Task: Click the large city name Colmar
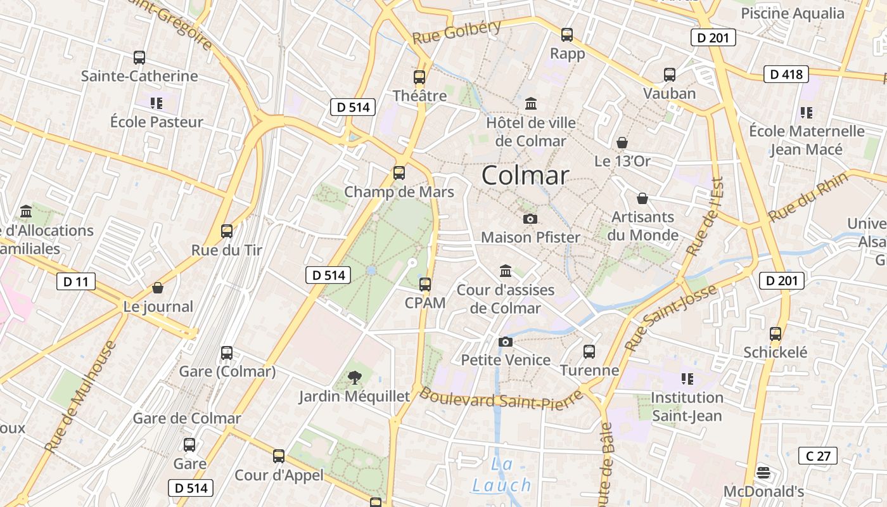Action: point(525,175)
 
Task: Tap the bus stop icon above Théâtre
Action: point(419,77)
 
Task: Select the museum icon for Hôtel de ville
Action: point(531,103)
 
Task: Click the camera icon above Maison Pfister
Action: point(530,219)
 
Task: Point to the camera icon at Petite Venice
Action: point(505,342)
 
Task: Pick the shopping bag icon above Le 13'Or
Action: point(622,143)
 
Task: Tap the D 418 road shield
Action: point(786,74)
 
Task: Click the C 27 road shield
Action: point(817,455)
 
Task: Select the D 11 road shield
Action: point(76,281)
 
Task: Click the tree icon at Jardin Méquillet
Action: point(355,378)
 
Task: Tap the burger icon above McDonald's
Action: point(763,473)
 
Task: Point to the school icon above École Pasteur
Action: point(156,103)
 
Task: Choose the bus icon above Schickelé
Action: point(775,333)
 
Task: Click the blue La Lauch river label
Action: point(501,475)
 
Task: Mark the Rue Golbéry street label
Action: point(456,31)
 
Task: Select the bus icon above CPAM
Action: point(425,284)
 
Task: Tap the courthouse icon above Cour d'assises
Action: point(506,271)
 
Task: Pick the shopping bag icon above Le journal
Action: point(158,288)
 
